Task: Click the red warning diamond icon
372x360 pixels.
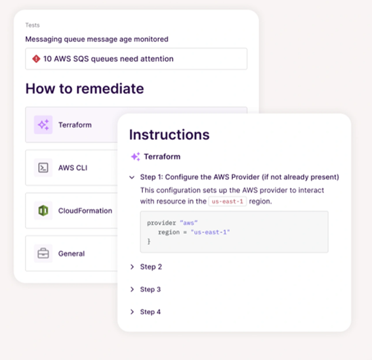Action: click(36, 58)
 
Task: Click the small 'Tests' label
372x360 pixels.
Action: click(33, 25)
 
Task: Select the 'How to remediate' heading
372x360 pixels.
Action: click(85, 89)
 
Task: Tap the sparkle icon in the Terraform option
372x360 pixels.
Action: click(43, 125)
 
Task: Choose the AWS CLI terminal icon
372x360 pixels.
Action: click(43, 168)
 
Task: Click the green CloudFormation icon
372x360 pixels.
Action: click(43, 210)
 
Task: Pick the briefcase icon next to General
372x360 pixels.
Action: click(43, 254)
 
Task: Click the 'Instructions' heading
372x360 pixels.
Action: click(169, 135)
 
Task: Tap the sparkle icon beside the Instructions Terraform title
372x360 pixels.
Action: click(135, 156)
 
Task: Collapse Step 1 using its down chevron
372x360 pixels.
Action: click(132, 177)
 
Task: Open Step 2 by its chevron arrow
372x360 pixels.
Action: click(132, 267)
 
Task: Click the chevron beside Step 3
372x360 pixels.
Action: click(132, 289)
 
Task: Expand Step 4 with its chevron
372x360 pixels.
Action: click(132, 312)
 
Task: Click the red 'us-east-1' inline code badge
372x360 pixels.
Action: click(228, 202)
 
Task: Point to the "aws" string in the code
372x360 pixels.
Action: click(188, 223)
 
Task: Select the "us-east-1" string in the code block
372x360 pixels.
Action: click(210, 232)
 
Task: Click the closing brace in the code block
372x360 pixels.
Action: click(149, 242)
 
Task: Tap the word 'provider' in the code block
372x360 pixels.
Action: click(161, 223)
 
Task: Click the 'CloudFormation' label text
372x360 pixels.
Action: click(85, 211)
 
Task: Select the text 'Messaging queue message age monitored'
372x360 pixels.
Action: click(97, 39)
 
